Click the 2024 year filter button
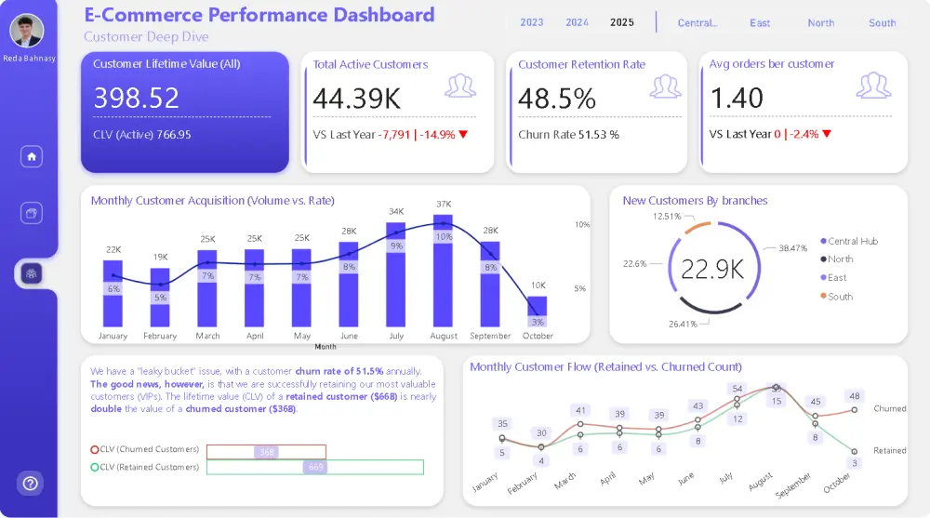coord(577,22)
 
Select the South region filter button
coord(882,23)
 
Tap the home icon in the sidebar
coord(32,156)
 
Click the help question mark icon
coord(31,483)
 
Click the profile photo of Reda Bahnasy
coord(26,31)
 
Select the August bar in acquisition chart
coord(443,270)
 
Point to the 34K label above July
coord(396,211)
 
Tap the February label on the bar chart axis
coord(160,336)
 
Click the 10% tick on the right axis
coord(582,225)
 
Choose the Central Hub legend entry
coord(852,241)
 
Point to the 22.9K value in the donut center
coord(711,270)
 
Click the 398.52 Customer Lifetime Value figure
coord(137,98)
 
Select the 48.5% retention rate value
coord(557,98)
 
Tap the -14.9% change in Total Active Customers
coord(437,134)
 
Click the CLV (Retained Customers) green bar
coord(314,467)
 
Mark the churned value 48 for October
coord(854,395)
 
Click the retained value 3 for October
coord(854,462)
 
